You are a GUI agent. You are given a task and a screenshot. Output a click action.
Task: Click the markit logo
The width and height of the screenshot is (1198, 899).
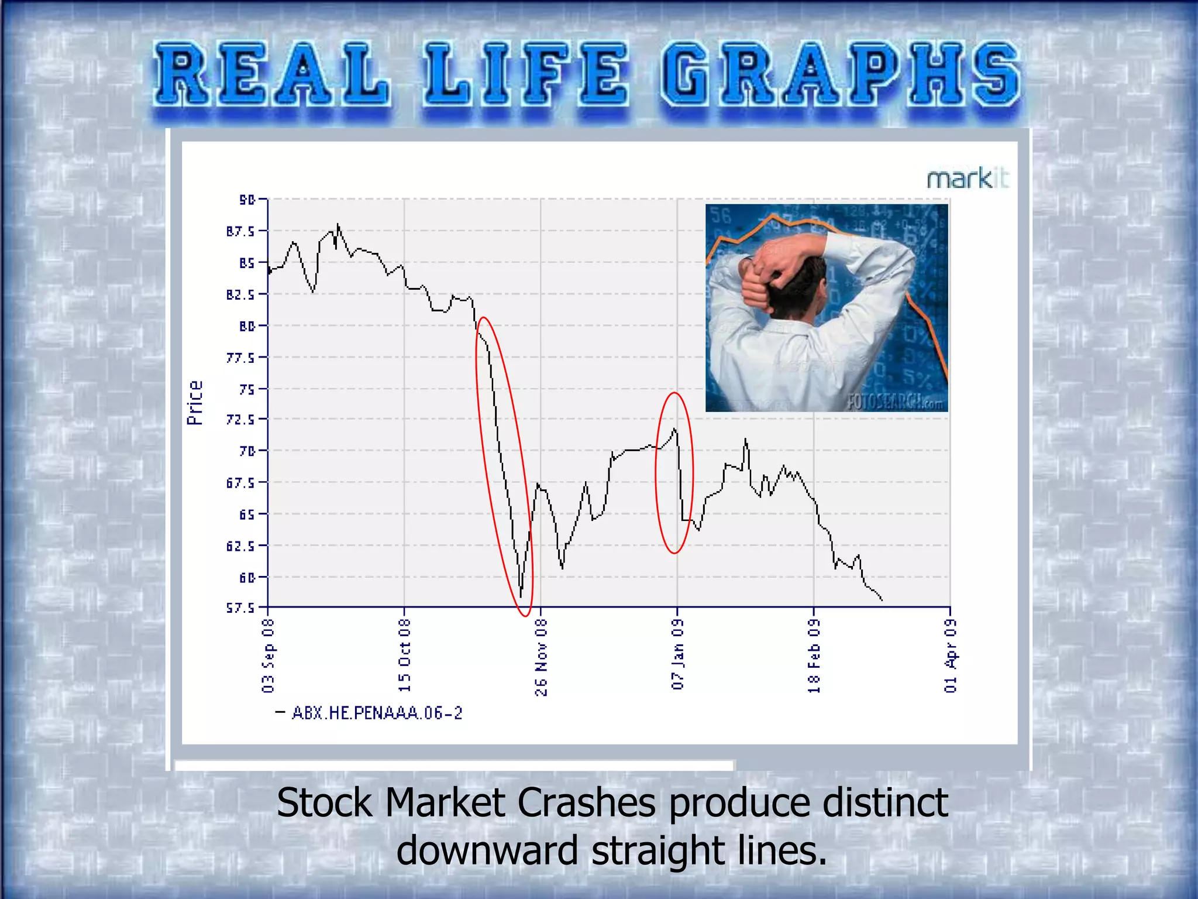click(x=967, y=179)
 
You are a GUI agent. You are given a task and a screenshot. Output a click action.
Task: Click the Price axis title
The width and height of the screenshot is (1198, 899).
click(x=195, y=403)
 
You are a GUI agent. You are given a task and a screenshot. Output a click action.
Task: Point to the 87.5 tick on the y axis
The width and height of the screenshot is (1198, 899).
click(x=241, y=231)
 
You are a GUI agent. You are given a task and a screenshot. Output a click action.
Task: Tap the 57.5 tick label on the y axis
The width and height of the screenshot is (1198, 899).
click(x=241, y=608)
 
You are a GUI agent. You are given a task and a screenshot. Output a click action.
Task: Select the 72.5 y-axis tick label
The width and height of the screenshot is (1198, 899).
click(x=241, y=420)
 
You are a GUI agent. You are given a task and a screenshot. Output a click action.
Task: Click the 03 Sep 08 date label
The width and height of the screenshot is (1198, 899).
click(x=268, y=656)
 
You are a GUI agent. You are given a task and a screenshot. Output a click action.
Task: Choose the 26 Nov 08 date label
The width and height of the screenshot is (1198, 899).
click(x=541, y=657)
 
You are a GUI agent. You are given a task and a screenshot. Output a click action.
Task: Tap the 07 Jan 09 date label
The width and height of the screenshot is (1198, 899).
click(x=677, y=654)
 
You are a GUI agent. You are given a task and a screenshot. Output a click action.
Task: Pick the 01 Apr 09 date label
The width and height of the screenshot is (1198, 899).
click(x=951, y=656)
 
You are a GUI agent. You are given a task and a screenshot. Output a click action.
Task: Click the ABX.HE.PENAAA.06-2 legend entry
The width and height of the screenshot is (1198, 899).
click(x=377, y=713)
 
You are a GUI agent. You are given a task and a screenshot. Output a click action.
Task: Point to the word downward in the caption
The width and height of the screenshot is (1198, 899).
click(x=487, y=850)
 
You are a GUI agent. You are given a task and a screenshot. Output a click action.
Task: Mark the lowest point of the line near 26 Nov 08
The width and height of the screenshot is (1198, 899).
click(x=521, y=596)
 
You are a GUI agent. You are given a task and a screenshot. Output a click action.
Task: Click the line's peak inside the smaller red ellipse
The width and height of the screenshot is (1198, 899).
click(x=675, y=429)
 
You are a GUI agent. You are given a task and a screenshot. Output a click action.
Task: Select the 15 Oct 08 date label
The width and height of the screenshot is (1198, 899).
click(x=404, y=656)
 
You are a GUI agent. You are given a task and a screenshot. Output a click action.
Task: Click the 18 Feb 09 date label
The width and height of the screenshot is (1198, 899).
click(x=814, y=656)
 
